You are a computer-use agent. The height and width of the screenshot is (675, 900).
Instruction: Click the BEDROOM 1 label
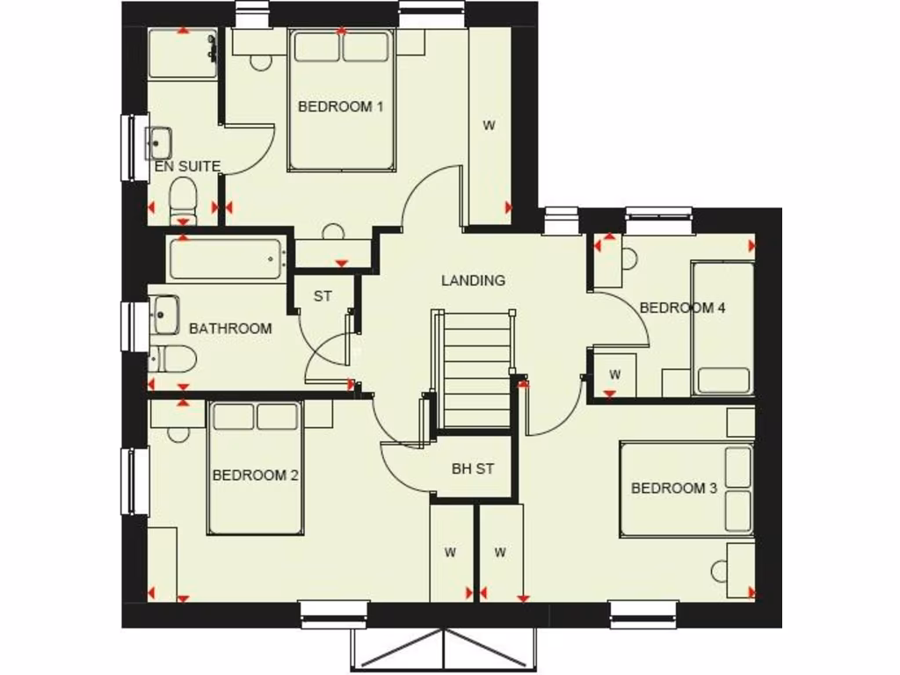[341, 107]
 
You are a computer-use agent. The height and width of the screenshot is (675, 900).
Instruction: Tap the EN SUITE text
[186, 166]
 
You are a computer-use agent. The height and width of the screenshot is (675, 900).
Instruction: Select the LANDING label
[473, 280]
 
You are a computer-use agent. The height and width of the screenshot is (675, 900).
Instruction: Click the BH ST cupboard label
[473, 469]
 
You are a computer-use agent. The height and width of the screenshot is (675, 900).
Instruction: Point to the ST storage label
[323, 296]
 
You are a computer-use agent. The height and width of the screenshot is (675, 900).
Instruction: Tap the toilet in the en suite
[183, 199]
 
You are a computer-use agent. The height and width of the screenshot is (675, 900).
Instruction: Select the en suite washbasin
[160, 143]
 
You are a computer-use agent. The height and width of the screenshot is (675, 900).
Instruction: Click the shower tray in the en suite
[183, 54]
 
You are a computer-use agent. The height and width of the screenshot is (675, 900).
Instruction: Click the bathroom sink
[164, 315]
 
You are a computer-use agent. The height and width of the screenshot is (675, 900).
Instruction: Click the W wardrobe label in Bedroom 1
[489, 126]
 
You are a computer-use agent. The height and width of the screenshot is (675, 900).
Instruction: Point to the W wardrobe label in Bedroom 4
[615, 375]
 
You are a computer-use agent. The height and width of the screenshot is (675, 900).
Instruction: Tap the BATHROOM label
[230, 329]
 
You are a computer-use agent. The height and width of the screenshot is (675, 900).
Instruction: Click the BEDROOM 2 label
[256, 475]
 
